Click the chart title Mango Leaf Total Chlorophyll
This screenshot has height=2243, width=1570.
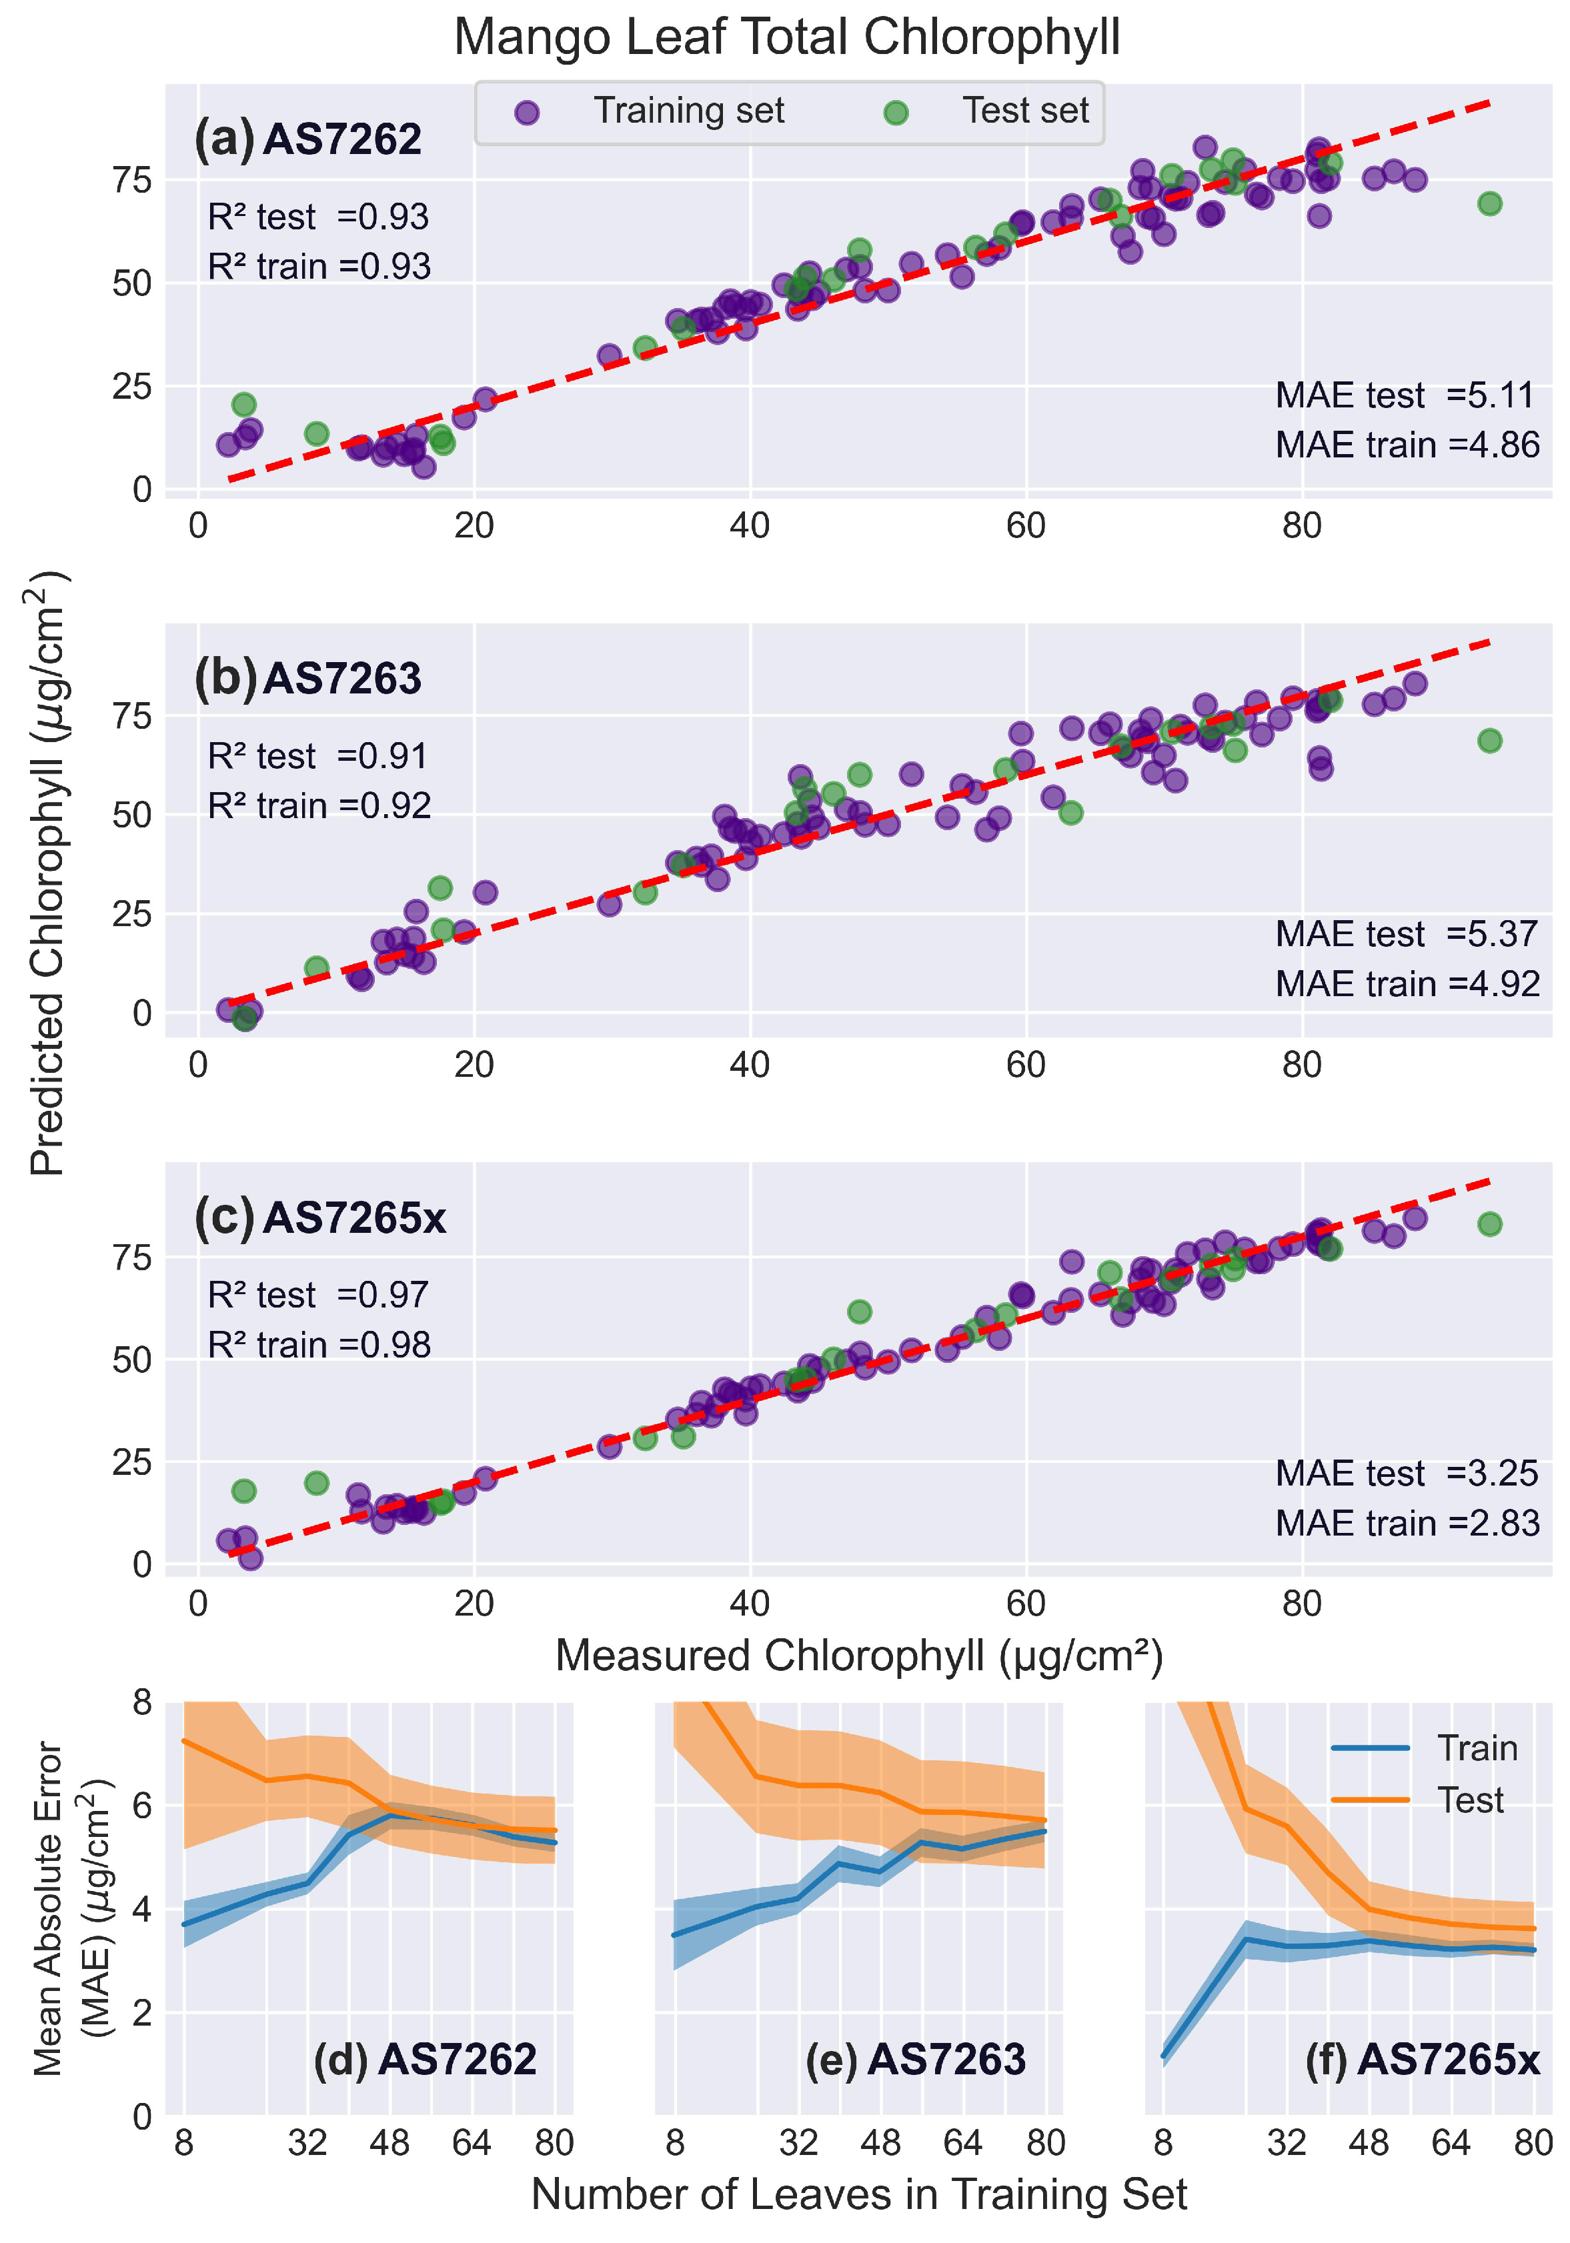[x=786, y=37]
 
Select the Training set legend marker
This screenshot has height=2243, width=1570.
[x=527, y=112]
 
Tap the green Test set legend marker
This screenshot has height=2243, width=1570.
[x=895, y=112]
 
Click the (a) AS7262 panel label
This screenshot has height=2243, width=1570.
[x=307, y=139]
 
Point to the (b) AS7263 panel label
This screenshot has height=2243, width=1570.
[x=307, y=678]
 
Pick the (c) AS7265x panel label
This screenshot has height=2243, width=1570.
[x=319, y=1218]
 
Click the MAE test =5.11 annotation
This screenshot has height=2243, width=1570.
[x=1404, y=395]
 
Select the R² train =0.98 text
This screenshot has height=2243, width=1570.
[x=319, y=1346]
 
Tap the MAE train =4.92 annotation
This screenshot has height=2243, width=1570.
[x=1407, y=983]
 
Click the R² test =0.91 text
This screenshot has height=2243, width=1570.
[x=317, y=756]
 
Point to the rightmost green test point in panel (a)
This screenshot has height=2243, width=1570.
[x=1488, y=204]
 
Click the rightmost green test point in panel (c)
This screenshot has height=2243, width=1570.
[x=1488, y=1224]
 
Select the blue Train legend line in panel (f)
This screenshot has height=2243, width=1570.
[x=1370, y=1748]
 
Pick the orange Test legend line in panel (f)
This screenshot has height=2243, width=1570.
[x=1370, y=1800]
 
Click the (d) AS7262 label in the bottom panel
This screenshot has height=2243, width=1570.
[x=425, y=2060]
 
